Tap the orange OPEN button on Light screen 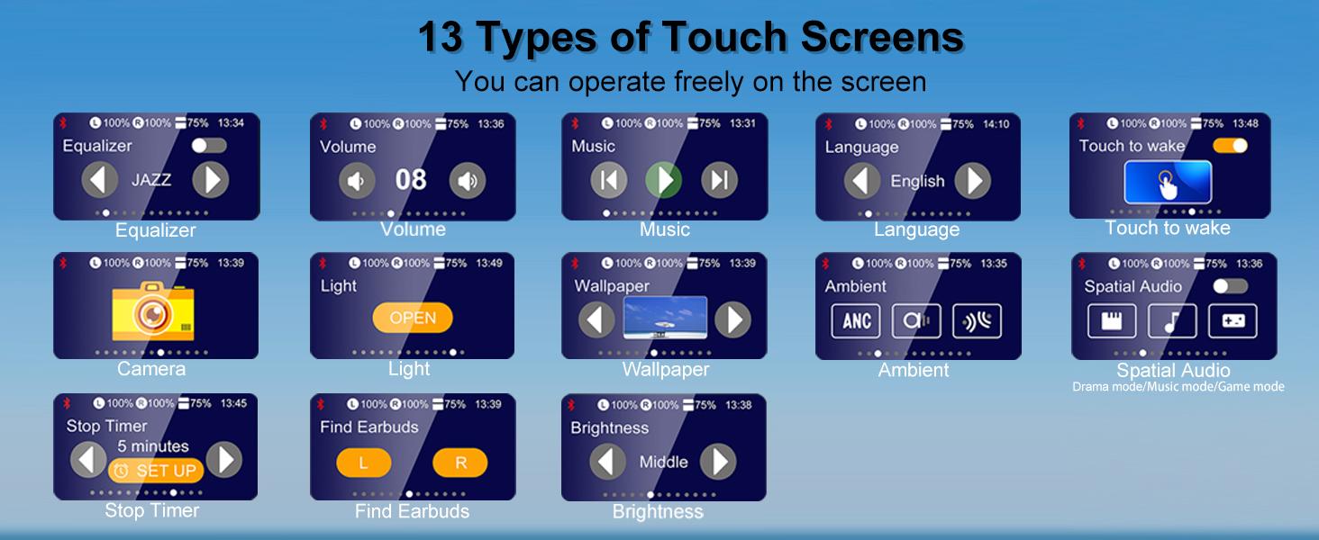click(413, 318)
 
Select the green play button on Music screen click(664, 180)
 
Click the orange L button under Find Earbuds click(363, 463)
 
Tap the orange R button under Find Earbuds click(460, 463)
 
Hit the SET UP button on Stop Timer click(156, 471)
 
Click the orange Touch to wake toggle click(1230, 145)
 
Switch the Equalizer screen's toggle click(209, 145)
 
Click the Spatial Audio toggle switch click(1230, 286)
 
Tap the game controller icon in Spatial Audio click(1233, 320)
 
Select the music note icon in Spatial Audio click(1172, 320)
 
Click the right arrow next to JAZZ click(210, 180)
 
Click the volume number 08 click(411, 180)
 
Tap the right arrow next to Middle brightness click(718, 462)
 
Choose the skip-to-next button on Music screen click(719, 180)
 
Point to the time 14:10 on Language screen click(996, 124)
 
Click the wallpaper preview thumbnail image click(665, 319)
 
